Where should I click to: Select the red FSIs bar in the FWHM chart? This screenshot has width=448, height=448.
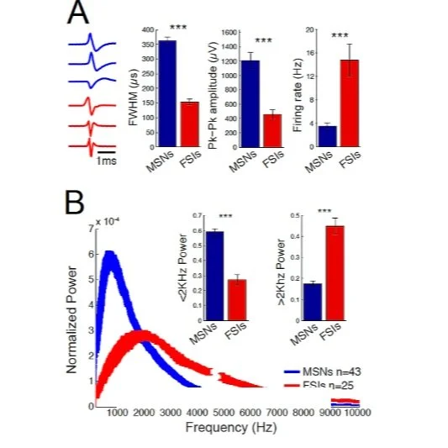190,125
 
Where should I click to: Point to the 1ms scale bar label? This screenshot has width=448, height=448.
106,160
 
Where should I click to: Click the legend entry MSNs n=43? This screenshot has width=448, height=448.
327,369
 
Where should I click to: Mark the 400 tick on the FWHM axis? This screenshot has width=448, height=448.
149,30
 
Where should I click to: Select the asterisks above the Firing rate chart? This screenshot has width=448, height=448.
339,35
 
